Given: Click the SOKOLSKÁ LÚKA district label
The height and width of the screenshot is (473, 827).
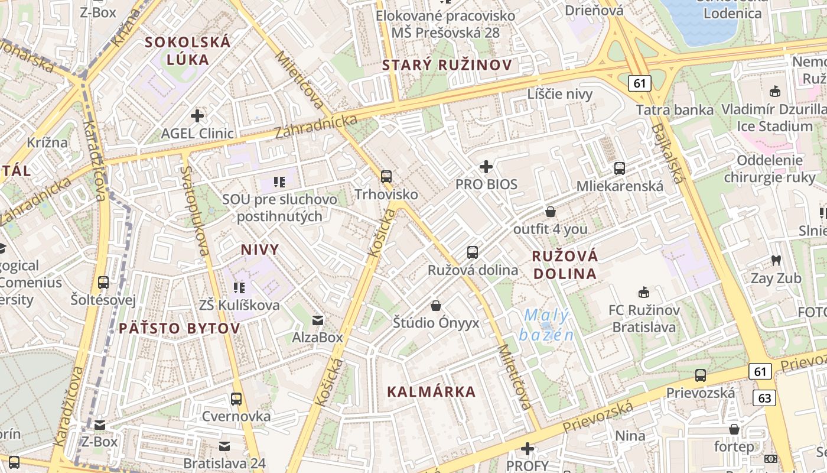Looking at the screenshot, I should (188, 50).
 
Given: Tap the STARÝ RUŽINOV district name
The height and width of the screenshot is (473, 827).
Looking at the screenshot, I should (447, 65).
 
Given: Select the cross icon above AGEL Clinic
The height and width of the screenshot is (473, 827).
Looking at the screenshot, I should (197, 116).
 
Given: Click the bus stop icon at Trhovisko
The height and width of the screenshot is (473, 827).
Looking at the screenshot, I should (386, 176).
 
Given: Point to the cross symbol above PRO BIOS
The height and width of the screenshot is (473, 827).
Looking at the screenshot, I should (486, 167).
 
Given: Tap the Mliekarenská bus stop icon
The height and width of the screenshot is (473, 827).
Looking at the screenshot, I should (619, 168).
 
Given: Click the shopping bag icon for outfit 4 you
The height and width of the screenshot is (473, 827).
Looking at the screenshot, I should (551, 211).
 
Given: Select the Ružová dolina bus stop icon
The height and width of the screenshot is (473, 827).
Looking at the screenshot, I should (473, 252).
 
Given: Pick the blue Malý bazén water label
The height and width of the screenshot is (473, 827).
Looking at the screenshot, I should (546, 325).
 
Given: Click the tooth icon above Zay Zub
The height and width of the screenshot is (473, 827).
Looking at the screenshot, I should (776, 260).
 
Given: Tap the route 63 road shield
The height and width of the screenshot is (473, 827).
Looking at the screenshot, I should (764, 398).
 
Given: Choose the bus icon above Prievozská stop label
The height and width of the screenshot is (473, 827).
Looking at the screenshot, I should (701, 375).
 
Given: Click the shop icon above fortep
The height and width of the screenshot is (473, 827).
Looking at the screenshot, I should (734, 429).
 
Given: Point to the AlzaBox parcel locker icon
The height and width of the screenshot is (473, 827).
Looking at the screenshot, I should (318, 320).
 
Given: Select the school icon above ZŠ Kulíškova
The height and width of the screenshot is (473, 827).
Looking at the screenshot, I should (239, 288).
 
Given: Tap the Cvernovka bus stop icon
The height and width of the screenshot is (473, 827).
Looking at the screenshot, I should (236, 399).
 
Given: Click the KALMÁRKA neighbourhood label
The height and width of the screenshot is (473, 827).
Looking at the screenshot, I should (431, 391).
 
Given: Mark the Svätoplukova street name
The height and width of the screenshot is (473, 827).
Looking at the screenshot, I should (195, 210).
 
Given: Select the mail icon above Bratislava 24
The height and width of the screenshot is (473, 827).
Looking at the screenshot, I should (224, 446).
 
